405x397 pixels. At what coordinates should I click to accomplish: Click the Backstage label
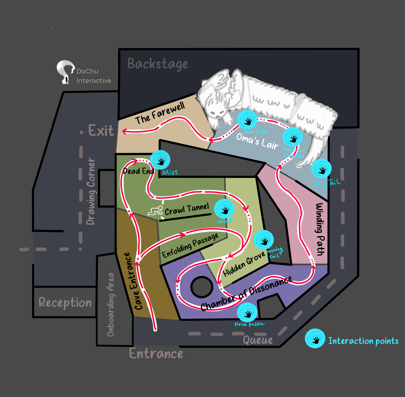tap(158, 64)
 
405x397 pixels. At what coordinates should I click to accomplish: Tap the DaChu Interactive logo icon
tap(65, 72)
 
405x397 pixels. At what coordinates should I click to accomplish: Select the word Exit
tap(101, 130)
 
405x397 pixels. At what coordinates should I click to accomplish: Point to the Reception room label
tap(65, 302)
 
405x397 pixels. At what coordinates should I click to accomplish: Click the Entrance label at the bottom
tap(156, 353)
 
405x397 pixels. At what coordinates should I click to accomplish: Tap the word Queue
tap(258, 340)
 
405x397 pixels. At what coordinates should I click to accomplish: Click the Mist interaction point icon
tap(160, 160)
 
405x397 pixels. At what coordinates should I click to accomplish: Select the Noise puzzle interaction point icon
tap(247, 312)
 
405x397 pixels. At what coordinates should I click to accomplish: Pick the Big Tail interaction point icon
tap(321, 169)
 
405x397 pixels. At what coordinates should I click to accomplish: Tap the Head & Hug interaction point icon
tap(247, 120)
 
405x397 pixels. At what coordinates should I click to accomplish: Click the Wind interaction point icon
tap(224, 209)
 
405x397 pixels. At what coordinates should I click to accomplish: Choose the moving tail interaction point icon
tap(263, 240)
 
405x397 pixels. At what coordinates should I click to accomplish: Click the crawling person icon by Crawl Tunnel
tap(156, 211)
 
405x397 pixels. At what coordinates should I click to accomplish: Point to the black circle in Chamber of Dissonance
tap(202, 287)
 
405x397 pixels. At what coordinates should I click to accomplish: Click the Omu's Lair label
tap(257, 141)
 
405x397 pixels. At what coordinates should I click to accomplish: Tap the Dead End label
tap(139, 171)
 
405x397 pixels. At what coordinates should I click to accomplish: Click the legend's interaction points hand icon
tap(315, 338)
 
